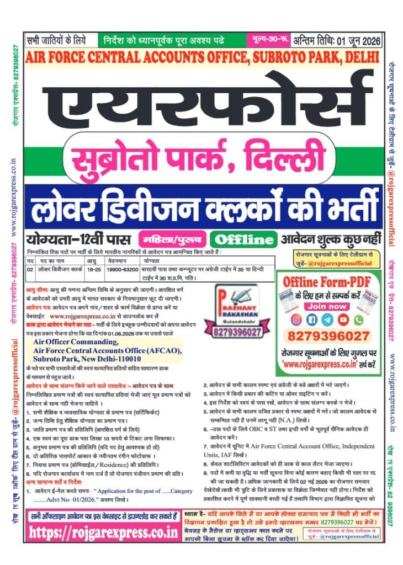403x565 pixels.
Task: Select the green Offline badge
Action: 243,239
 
